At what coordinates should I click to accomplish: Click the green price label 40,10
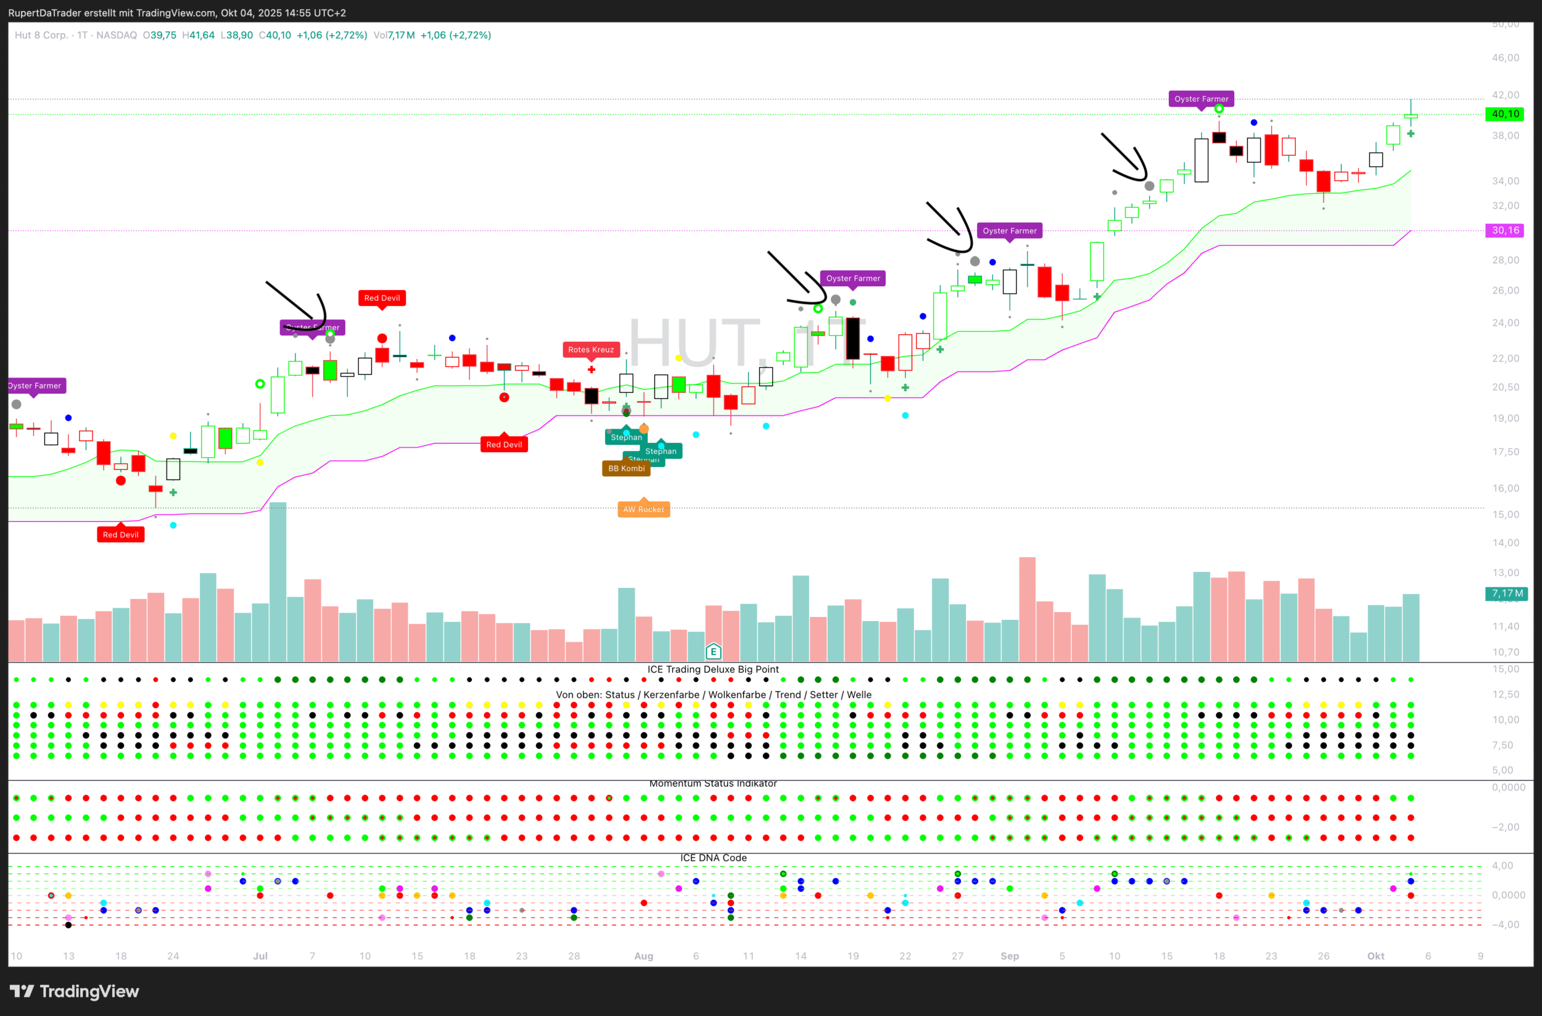(x=1504, y=114)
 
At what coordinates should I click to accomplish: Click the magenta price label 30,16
(x=1504, y=231)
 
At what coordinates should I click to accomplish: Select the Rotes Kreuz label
(x=590, y=350)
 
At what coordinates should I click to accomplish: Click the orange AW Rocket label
(x=643, y=510)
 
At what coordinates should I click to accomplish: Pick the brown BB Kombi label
(x=626, y=468)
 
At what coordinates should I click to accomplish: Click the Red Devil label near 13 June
(x=120, y=535)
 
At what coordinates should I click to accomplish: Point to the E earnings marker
(x=714, y=651)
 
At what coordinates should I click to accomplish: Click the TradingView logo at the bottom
(x=75, y=991)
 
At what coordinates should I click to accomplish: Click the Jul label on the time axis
(x=260, y=956)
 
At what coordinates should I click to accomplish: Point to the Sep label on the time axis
(x=1010, y=956)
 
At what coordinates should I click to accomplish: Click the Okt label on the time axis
(x=1375, y=956)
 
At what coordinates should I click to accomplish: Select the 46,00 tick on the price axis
(x=1505, y=57)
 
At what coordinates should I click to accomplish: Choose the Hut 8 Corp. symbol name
(x=41, y=35)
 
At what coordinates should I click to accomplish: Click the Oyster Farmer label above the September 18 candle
(x=1200, y=99)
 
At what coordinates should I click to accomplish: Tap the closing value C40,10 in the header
(x=274, y=35)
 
